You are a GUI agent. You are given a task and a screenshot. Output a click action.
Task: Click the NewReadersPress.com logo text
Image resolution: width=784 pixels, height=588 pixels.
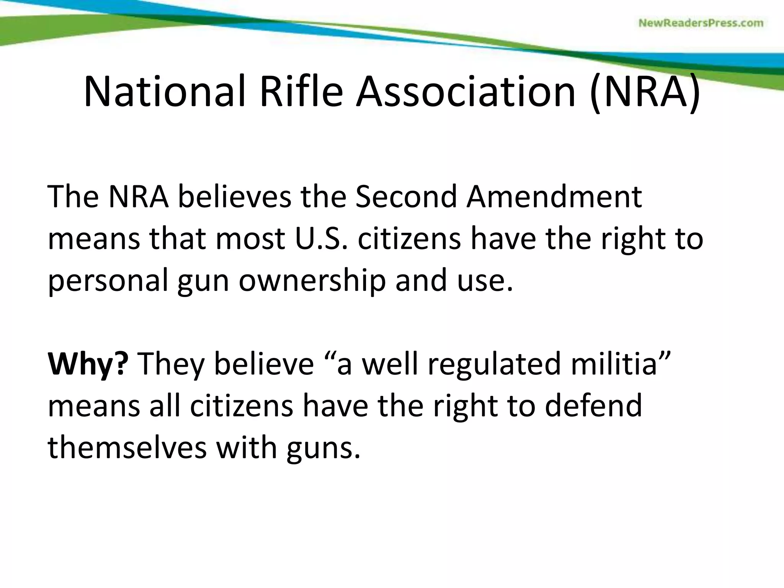[701, 23]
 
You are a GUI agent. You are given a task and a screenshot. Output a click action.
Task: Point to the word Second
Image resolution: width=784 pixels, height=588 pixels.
[406, 197]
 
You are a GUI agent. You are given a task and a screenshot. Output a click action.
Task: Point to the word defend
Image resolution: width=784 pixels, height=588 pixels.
[593, 406]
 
